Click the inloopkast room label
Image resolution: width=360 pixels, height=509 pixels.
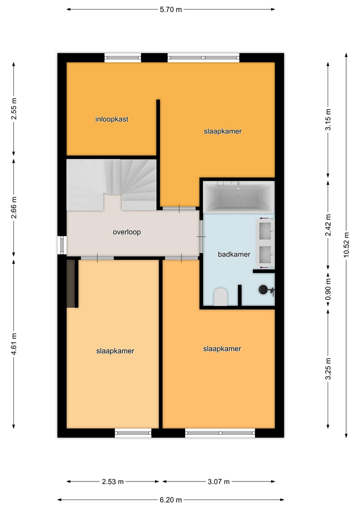point(112,119)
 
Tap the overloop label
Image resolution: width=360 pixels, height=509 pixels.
point(127,232)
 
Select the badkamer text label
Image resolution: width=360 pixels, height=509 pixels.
point(234,254)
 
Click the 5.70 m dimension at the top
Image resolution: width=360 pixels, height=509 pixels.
point(171,10)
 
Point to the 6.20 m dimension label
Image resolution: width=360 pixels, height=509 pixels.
point(171,500)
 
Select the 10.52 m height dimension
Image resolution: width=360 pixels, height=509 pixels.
point(346,245)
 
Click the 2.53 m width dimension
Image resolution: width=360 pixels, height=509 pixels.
point(112,481)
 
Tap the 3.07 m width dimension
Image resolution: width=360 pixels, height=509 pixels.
point(219,481)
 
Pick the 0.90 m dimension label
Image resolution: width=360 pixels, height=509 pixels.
point(328,289)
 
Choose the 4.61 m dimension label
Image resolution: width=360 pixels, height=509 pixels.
point(14,344)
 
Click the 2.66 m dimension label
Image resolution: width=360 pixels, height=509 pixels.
point(14,207)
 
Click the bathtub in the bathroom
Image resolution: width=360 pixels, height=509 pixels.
point(239,197)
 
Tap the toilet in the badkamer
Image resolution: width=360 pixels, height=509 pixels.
point(221,296)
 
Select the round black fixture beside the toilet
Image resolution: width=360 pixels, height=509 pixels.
point(264,289)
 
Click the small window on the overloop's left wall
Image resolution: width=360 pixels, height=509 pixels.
point(62,245)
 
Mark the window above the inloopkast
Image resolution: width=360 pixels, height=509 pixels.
point(122,58)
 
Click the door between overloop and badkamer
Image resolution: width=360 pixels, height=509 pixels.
point(201,236)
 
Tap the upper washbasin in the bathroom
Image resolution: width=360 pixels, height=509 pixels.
point(265,230)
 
